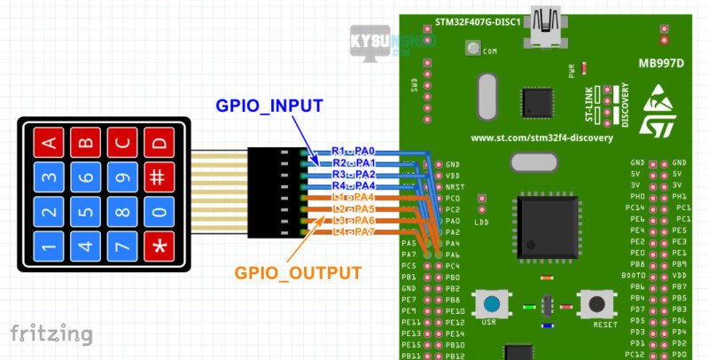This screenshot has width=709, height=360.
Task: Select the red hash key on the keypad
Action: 159,176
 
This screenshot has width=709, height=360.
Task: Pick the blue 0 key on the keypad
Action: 159,212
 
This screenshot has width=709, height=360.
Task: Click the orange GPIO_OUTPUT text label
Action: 298,273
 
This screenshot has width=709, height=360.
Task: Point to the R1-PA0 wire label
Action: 354,152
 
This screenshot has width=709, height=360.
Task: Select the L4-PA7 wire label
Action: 354,231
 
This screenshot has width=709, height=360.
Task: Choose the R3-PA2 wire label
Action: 354,175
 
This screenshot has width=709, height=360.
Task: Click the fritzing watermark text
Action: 51,334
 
